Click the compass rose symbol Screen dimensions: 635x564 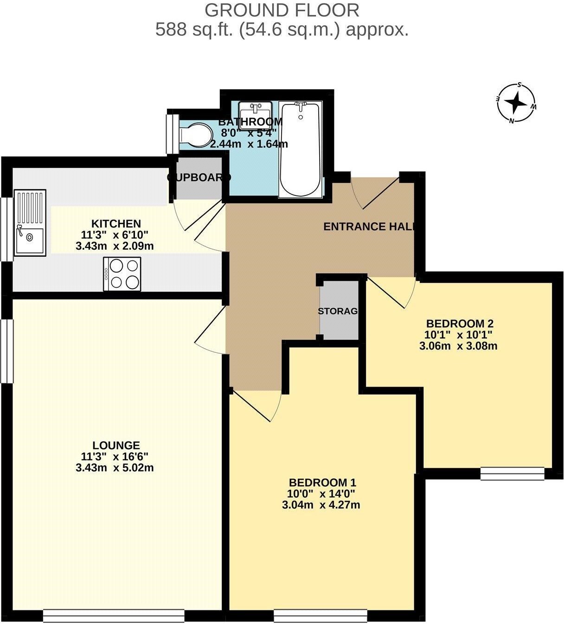pos(516,103)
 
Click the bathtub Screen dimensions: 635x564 pos(300,149)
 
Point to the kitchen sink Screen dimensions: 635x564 pos(30,223)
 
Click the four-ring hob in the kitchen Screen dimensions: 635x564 pos(122,274)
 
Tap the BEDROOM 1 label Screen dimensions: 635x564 pos(322,482)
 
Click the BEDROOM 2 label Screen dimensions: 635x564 pos(459,324)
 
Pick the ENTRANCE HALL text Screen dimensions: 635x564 pos(368,227)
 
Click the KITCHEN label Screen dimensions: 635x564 pos(115,223)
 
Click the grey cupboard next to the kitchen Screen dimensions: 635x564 pos(199,179)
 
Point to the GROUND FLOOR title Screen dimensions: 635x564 pos(282,10)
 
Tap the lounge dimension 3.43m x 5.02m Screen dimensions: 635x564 pos(115,467)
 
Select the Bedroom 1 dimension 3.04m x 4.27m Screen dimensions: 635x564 pos(321,505)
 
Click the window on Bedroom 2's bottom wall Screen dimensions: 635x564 pos(512,473)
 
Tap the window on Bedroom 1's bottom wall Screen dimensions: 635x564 pos(320,616)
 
